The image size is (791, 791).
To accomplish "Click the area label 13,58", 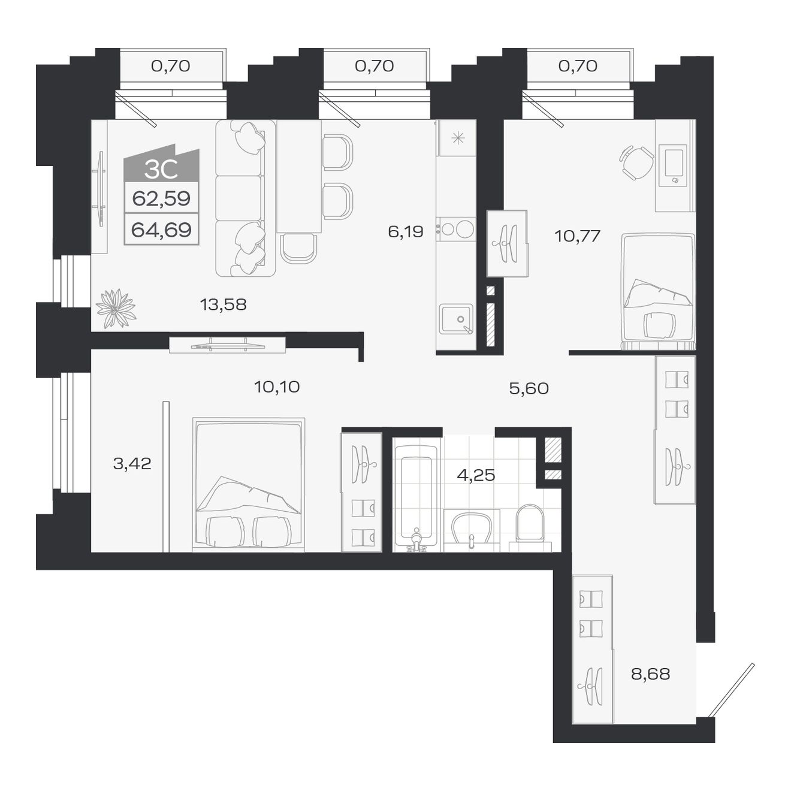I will coord(223,304).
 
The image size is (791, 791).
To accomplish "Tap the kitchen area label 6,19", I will coord(406,231).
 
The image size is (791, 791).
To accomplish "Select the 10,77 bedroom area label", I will coord(577,236).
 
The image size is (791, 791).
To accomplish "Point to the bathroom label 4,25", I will coord(476,475).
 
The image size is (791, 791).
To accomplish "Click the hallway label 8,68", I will coord(650,674).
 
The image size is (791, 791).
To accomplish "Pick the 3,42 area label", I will coord(132,463).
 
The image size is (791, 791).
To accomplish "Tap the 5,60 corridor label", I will coord(529,388).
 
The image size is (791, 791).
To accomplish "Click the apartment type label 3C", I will coord(161,170).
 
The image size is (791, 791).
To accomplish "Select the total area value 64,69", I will coord(161,230).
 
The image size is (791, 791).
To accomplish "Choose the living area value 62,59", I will coord(161,198).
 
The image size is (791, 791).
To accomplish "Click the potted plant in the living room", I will coord(116,309).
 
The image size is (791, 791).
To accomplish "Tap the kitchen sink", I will coord(456,319).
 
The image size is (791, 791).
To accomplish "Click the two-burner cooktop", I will coord(456,229).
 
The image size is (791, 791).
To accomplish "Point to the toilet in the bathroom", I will coord(530,523).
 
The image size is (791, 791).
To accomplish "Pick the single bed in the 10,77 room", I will coord(658,291).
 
